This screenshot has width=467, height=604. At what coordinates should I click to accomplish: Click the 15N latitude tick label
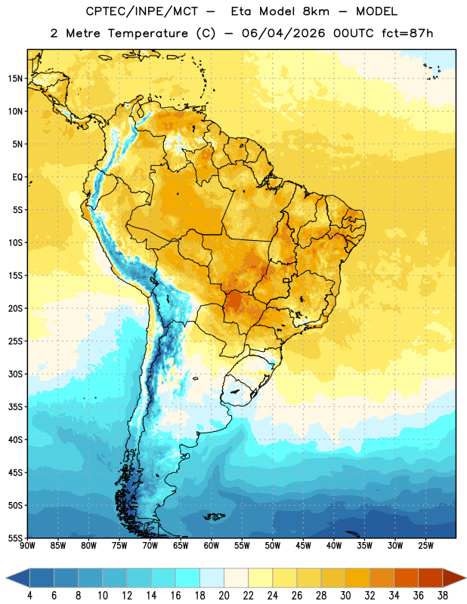click(15, 79)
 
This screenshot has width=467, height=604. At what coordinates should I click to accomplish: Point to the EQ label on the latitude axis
click(17, 177)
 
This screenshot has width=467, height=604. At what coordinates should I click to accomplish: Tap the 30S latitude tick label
click(15, 374)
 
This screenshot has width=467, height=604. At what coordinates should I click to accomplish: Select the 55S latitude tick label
click(15, 538)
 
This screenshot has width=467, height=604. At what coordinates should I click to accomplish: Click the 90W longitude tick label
click(27, 546)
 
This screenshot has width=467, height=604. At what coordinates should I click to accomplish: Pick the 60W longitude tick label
click(212, 546)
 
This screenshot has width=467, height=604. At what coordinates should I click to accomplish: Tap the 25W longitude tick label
click(425, 546)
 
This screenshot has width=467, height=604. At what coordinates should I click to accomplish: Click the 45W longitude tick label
click(303, 546)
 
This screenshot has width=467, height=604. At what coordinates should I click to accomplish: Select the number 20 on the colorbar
click(224, 596)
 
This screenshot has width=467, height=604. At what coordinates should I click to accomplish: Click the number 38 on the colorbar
click(443, 596)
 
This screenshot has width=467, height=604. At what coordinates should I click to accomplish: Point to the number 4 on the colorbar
click(29, 596)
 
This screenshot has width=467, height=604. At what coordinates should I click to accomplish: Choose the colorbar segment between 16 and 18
click(188, 578)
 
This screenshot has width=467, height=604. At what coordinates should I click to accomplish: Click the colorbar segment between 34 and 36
click(407, 578)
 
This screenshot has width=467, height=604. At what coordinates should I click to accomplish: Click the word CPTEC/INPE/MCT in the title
click(142, 11)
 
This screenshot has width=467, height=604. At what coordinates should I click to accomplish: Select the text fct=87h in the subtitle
click(407, 33)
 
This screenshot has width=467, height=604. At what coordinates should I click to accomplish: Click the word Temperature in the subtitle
click(147, 33)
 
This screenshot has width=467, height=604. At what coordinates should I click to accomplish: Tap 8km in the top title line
click(316, 11)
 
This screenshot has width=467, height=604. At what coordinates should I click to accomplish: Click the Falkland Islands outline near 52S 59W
click(215, 516)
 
